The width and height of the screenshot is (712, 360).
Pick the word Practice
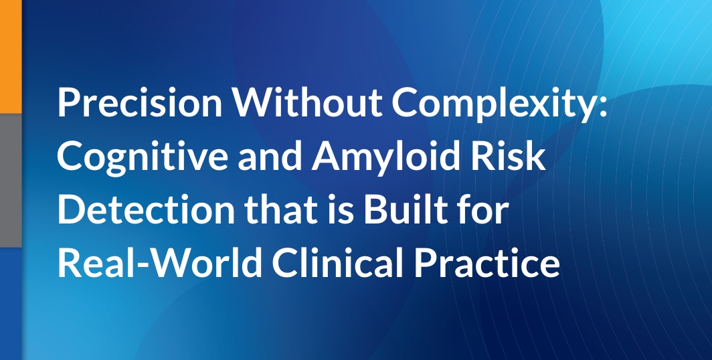tap(486, 263)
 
